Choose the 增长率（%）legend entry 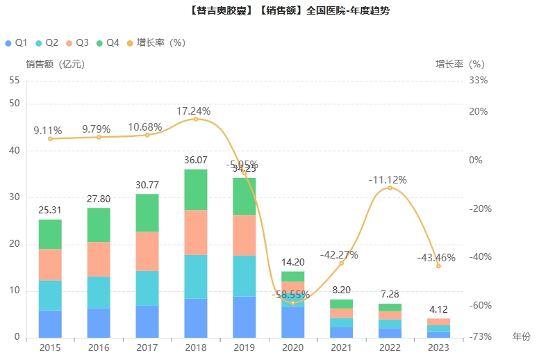tap(156, 42)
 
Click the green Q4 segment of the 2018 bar tap(195, 189)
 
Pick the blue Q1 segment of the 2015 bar tap(50, 323)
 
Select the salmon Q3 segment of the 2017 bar tap(147, 251)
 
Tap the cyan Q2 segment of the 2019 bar tap(244, 276)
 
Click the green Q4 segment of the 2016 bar tap(99, 224)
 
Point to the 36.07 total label tap(195, 160)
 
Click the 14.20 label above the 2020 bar tap(292, 262)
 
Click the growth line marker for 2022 tap(390, 188)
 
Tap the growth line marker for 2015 tap(50, 139)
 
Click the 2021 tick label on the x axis tap(341, 347)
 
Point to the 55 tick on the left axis tap(14, 80)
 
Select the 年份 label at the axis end tap(520, 337)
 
